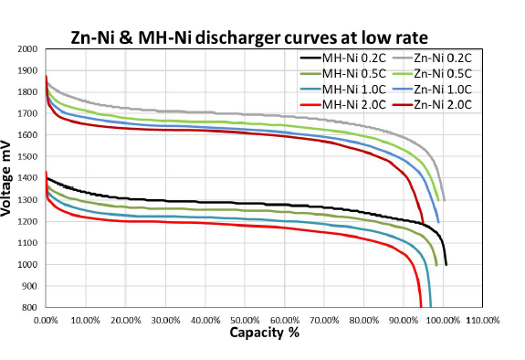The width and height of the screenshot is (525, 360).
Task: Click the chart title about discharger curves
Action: click(249, 37)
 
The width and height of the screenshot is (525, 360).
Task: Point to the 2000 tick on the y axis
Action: click(28, 49)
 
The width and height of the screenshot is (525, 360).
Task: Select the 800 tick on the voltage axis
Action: click(31, 309)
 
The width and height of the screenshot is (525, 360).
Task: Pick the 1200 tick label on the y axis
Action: click(28, 222)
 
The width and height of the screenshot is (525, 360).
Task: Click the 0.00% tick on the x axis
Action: click(46, 322)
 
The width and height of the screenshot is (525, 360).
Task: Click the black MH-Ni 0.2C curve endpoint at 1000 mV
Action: click(446, 264)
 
